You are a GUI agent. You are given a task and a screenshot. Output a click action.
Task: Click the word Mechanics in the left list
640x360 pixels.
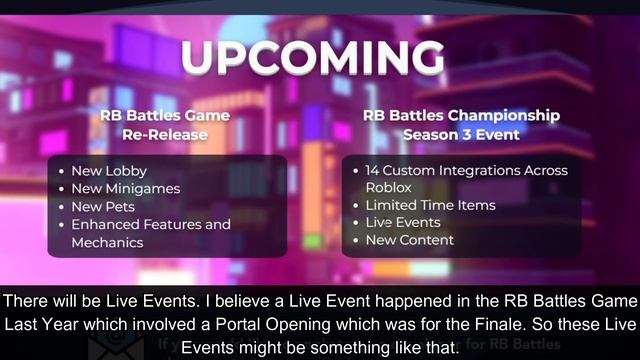(107, 242)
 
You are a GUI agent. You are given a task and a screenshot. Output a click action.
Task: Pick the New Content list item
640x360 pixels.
(409, 240)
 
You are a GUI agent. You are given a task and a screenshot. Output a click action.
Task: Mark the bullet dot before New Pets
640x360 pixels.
(61, 206)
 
